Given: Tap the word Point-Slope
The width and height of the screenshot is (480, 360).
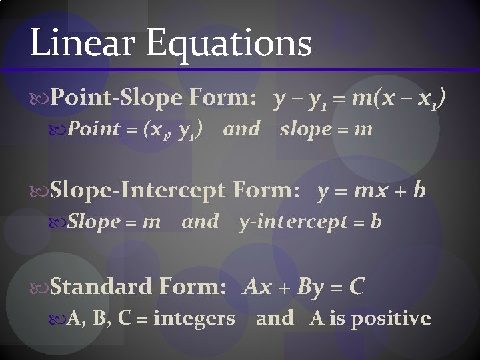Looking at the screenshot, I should tap(116, 99).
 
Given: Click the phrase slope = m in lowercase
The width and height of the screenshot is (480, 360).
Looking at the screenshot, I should tap(326, 129).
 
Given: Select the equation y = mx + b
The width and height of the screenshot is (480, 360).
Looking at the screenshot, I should tap(371, 192).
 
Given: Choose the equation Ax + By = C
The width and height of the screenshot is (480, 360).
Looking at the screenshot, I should tap(305, 287).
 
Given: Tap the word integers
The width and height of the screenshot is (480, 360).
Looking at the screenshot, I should tap(194, 319).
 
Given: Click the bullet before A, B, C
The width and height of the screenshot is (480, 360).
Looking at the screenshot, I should tap(59, 319).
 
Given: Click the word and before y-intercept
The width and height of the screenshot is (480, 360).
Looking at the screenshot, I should tap(199, 221).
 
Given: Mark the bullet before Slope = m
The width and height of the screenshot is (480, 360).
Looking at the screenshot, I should tap(59, 222).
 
